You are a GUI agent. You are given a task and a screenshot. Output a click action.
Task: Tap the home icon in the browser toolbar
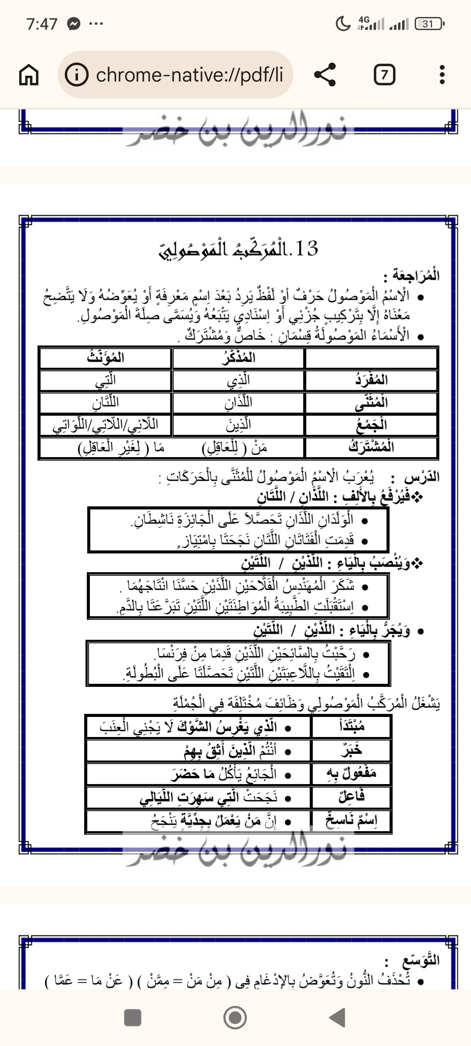click(29, 75)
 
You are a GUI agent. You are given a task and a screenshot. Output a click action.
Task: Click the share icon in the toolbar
click(325, 75)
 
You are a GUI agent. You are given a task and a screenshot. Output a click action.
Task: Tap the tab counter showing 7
click(384, 75)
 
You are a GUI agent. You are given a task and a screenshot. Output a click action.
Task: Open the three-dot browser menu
click(442, 75)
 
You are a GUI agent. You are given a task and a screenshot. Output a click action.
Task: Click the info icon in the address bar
click(76, 75)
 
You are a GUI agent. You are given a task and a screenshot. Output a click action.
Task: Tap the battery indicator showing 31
click(430, 24)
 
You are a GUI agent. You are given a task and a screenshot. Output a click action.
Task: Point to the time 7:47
click(42, 24)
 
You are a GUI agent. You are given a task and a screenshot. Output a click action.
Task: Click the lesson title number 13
click(306, 248)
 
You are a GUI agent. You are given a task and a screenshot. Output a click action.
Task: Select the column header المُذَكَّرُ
click(238, 358)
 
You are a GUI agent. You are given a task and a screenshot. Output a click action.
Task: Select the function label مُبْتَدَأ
click(352, 727)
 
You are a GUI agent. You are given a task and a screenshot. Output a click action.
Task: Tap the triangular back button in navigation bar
click(337, 1018)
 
